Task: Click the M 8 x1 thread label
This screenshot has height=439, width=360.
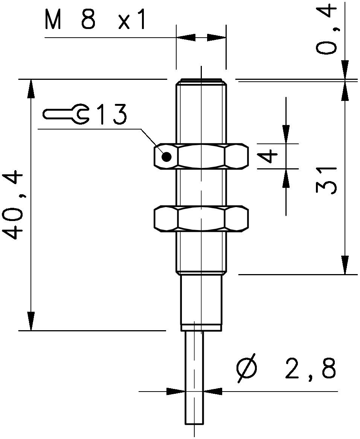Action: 95,20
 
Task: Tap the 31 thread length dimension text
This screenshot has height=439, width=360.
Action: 326,180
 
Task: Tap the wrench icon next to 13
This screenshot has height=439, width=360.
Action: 66,114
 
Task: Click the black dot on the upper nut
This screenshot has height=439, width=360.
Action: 166,157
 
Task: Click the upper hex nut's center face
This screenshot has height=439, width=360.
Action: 201,156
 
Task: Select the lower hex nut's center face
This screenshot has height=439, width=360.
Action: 201,218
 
